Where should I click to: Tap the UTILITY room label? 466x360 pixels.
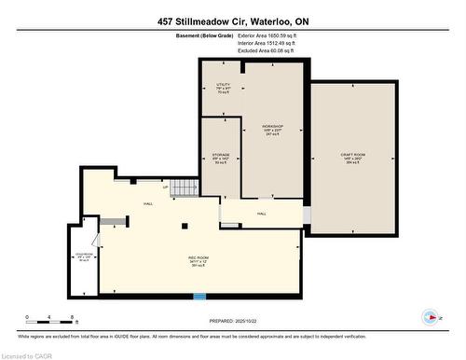(223, 89)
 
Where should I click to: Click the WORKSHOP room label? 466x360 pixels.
(272, 130)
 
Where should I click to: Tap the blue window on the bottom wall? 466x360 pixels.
(199, 298)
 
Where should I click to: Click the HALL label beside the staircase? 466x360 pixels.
(148, 203)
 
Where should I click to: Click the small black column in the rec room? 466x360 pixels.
(185, 226)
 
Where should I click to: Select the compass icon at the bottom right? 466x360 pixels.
(430, 316)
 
